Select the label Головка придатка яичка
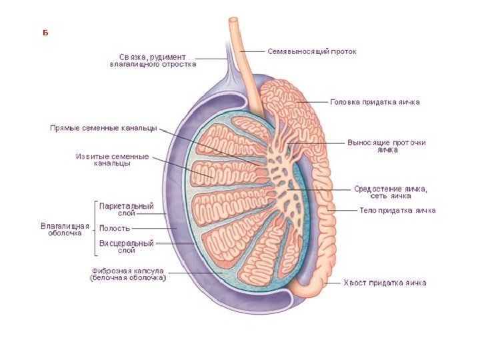tap(375, 103)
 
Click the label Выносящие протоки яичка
tap(387, 146)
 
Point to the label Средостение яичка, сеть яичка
tap(390, 192)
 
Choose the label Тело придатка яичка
tap(397, 211)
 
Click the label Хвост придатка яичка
tap(385, 283)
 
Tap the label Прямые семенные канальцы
tap(103, 128)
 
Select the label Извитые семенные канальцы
tap(112, 159)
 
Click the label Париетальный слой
tap(127, 210)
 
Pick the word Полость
tap(114, 228)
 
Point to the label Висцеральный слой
tap(127, 247)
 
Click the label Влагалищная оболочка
tap(65, 229)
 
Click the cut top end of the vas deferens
tap(235, 21)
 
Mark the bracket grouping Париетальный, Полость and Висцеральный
tap(95, 228)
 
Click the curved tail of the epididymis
tap(307, 287)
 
